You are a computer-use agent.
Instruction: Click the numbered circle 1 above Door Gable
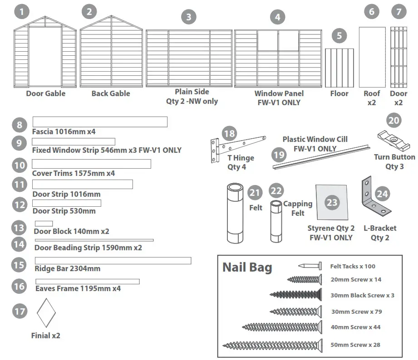click(22, 11)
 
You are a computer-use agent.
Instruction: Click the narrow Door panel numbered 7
click(398, 57)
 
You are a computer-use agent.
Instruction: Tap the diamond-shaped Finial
click(46, 313)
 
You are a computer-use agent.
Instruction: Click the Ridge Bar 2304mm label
click(67, 268)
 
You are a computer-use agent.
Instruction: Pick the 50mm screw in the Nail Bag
click(272, 345)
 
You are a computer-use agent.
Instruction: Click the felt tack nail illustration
click(310, 266)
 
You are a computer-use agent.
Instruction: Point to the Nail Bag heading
click(247, 268)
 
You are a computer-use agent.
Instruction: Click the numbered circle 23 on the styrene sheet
click(332, 202)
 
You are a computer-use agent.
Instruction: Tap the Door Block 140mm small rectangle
click(44, 224)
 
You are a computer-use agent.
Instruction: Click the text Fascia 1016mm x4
click(64, 131)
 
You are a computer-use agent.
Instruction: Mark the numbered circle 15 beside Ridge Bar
click(19, 264)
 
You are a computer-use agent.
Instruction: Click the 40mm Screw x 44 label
click(355, 327)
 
